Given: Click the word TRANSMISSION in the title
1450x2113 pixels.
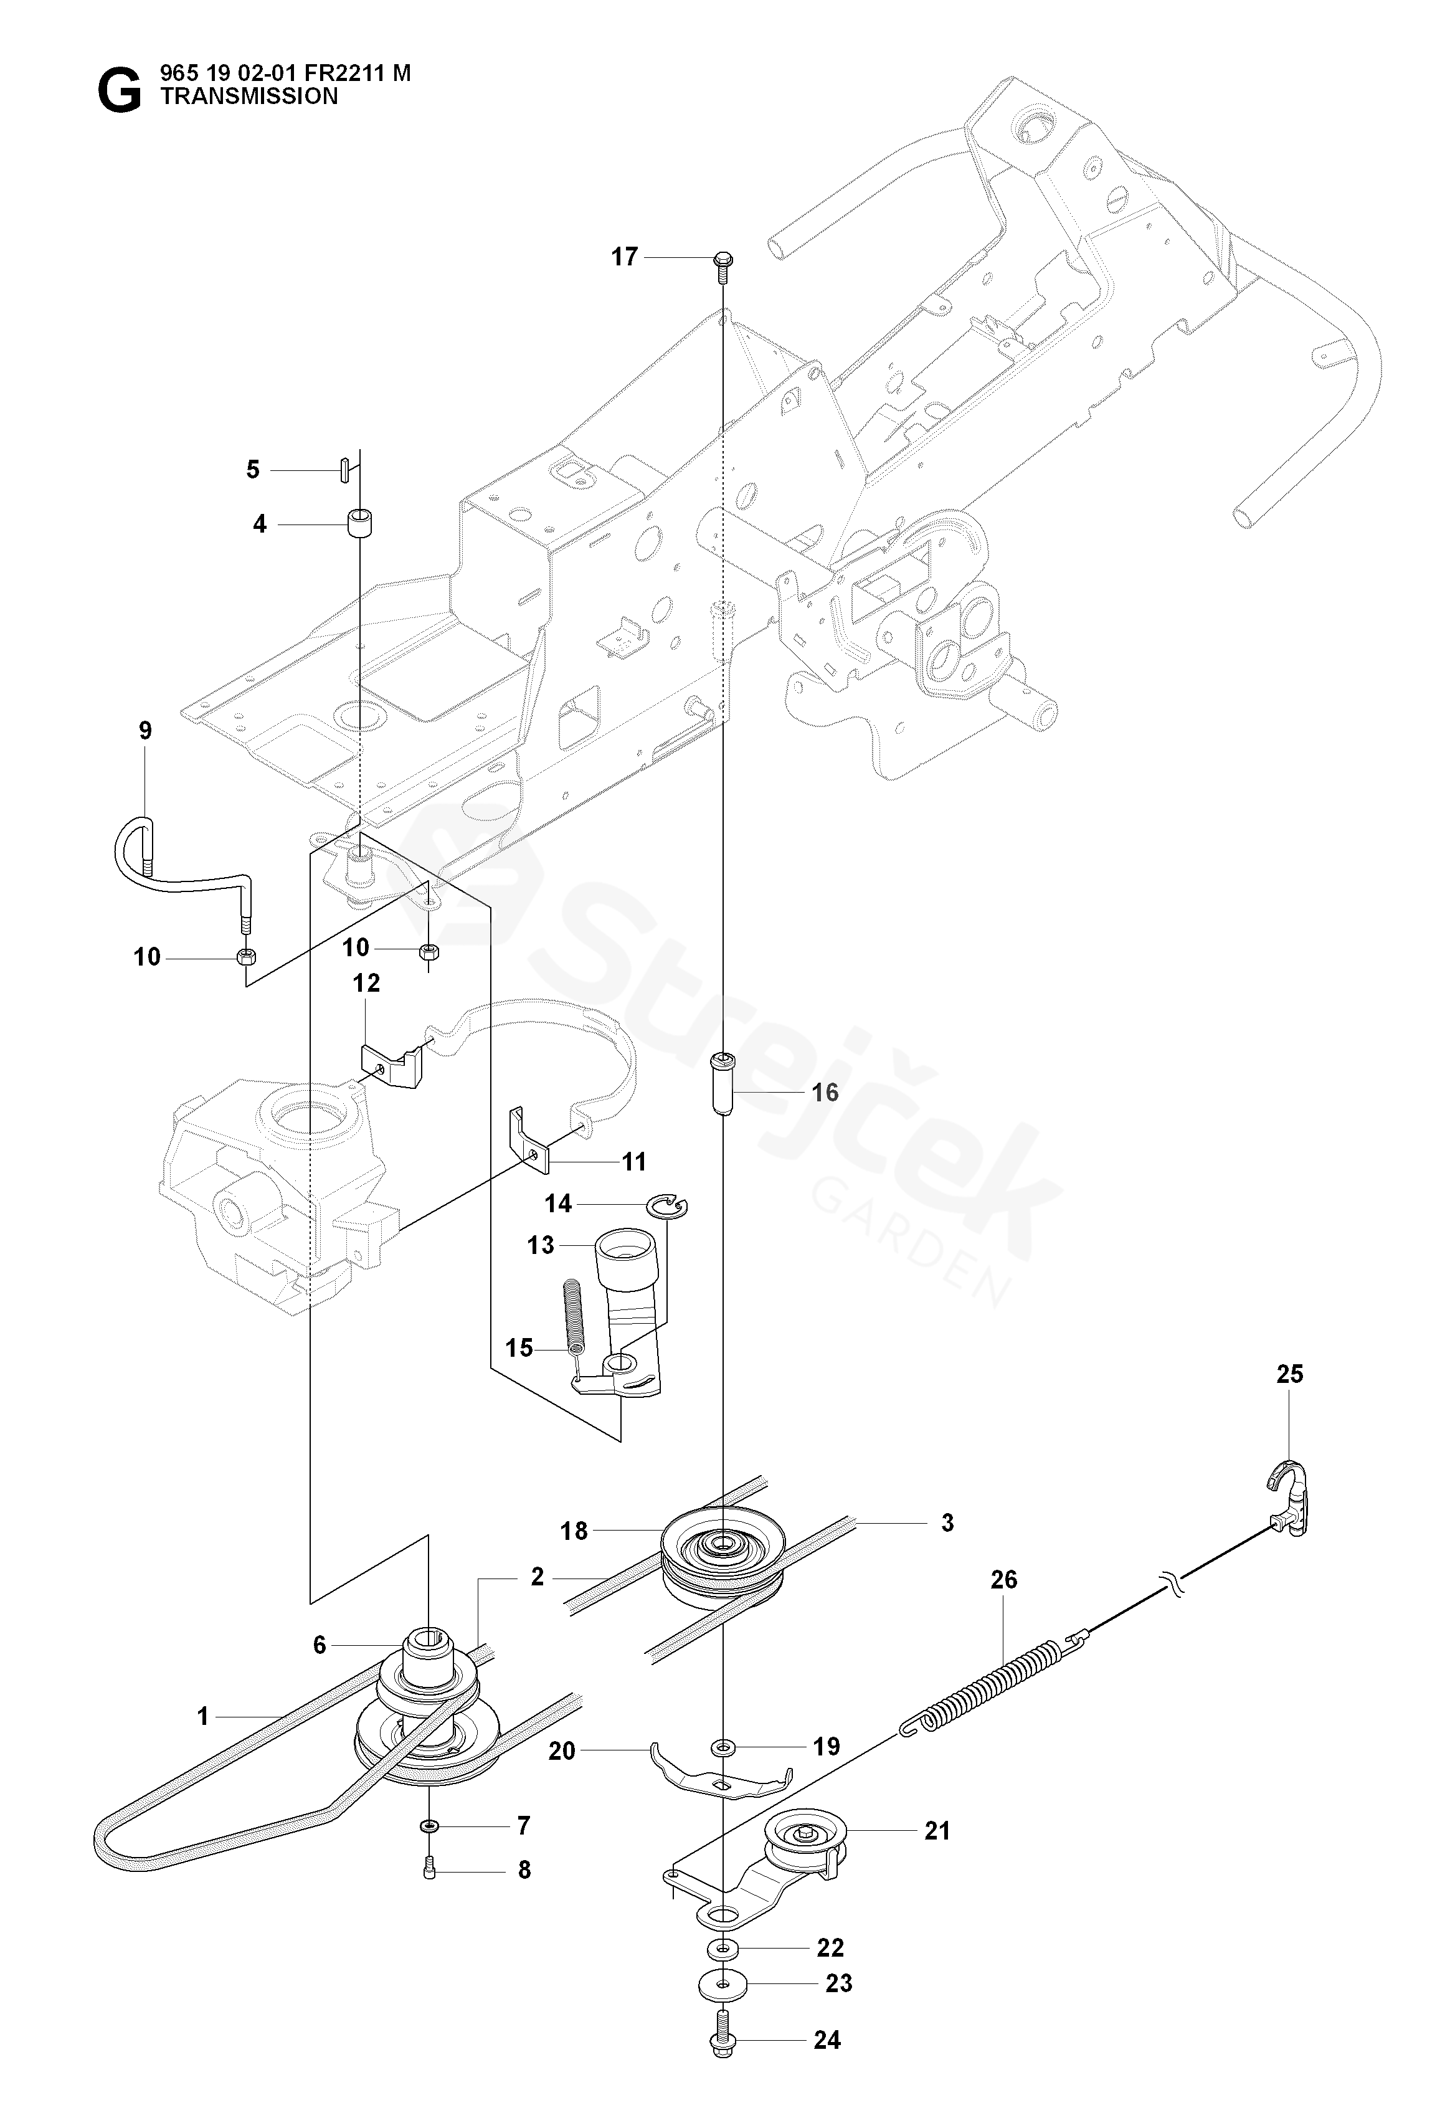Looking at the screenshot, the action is [249, 97].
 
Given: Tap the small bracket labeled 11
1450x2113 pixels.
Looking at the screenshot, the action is [529, 1137].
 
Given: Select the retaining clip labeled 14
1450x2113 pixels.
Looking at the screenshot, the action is [668, 1207].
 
